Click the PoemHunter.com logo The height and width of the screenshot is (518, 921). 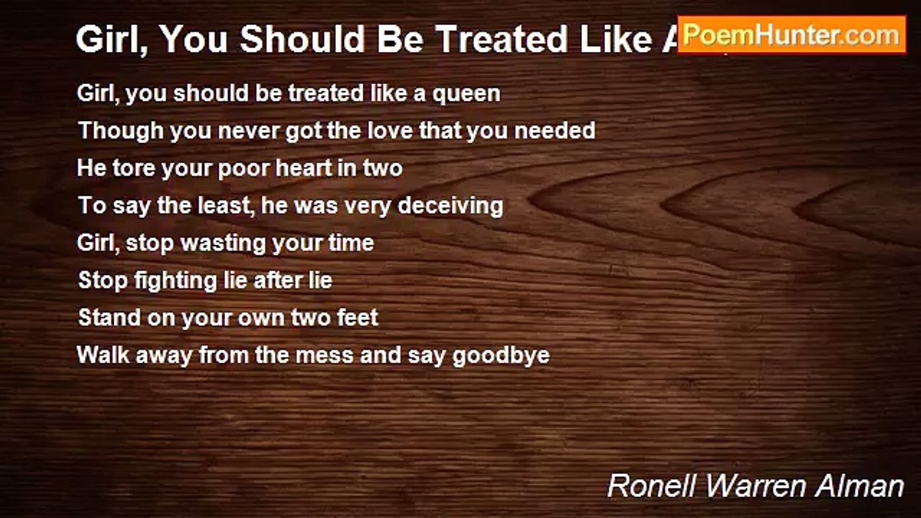[x=791, y=35]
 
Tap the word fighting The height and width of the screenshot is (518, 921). [x=166, y=281]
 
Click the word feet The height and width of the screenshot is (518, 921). [x=358, y=318]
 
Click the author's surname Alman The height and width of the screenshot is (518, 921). [x=863, y=486]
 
